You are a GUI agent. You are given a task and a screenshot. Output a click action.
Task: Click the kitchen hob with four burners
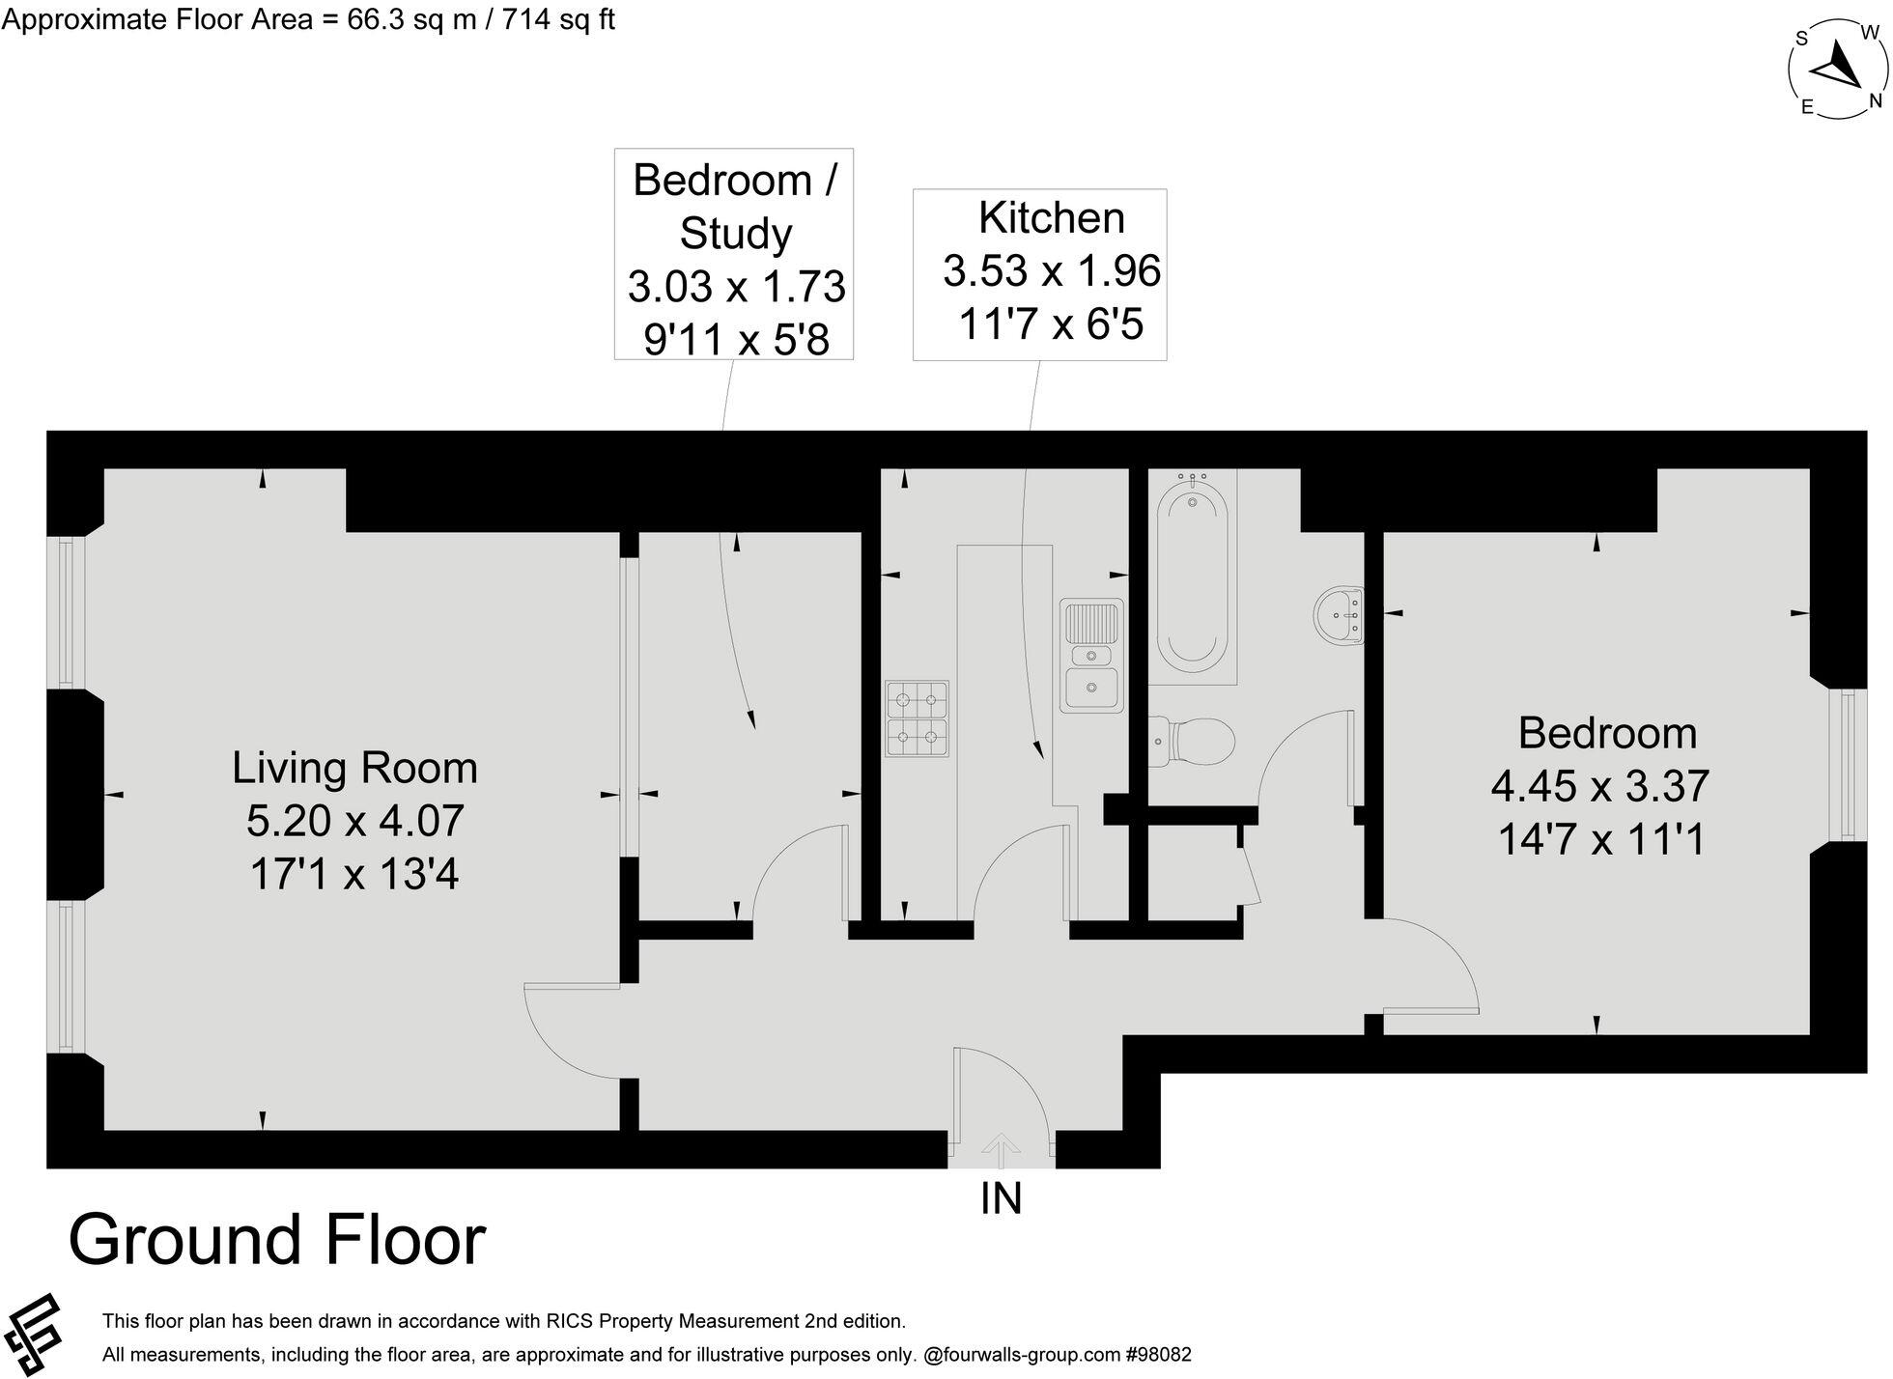[x=917, y=718]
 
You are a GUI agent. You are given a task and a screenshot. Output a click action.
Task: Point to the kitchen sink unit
[x=1091, y=656]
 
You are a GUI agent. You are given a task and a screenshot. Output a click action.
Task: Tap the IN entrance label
[x=1001, y=1198]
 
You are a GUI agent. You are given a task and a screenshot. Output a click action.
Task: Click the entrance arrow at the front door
[x=1001, y=1151]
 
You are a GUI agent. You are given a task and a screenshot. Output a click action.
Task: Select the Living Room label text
[x=354, y=769]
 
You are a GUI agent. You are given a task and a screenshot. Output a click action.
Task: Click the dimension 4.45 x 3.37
[x=1599, y=786]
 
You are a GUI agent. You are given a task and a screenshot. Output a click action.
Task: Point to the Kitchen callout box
[x=1040, y=274]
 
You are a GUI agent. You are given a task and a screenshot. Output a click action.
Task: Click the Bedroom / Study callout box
[x=734, y=254]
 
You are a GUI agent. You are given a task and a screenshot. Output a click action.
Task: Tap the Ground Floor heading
[x=277, y=1240]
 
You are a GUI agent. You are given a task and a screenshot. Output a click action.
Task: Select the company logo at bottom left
[x=34, y=1335]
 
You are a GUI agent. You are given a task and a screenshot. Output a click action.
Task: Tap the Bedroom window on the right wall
[x=1847, y=765]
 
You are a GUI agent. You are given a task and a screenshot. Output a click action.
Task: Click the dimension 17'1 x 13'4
[x=354, y=875]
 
